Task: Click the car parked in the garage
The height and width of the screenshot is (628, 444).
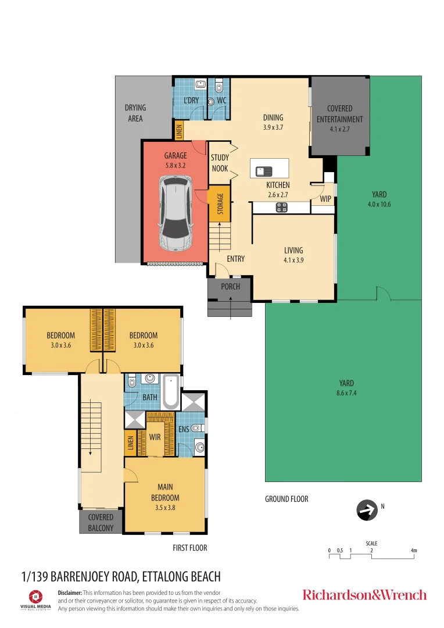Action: click(x=176, y=213)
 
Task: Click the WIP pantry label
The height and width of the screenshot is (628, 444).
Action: click(x=325, y=199)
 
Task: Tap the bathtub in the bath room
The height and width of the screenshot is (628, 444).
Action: click(x=170, y=392)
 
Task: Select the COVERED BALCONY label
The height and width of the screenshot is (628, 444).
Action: click(x=101, y=522)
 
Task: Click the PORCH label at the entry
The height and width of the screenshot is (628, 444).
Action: click(x=230, y=287)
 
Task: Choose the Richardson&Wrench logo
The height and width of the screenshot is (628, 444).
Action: click(x=364, y=595)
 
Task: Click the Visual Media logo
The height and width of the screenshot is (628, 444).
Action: click(x=36, y=599)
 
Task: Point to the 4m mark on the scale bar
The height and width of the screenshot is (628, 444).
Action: click(x=413, y=550)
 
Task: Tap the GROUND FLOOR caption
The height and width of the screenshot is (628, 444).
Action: click(x=287, y=499)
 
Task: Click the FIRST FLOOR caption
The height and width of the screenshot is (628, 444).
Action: click(x=189, y=548)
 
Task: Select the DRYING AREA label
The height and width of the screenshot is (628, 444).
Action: click(x=135, y=113)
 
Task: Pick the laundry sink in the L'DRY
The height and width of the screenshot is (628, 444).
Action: click(x=199, y=85)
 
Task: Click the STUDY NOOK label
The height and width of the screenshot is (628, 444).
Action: click(x=220, y=163)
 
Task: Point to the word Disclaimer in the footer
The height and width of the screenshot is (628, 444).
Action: click(x=70, y=592)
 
